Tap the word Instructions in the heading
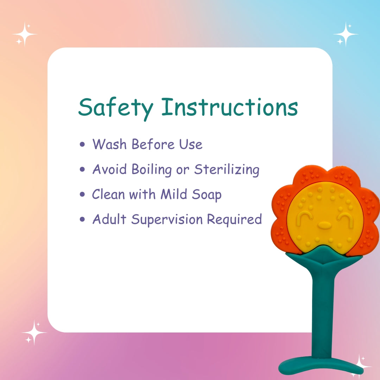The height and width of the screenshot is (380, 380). [230, 107]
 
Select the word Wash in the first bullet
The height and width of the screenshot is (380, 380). [109, 144]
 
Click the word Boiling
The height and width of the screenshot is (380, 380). [152, 169]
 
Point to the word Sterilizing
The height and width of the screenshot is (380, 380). [227, 169]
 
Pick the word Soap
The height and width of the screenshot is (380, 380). [207, 195]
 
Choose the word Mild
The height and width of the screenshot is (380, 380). [173, 194]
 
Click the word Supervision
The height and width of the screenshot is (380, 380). [167, 220]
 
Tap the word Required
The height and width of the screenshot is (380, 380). [234, 220]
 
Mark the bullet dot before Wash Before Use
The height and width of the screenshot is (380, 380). [82, 145]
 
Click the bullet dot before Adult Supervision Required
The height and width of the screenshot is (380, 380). [82, 219]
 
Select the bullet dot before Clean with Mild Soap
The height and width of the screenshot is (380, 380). [82, 194]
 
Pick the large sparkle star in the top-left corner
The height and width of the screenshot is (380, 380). [25, 34]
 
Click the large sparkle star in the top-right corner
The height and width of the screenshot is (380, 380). [346, 34]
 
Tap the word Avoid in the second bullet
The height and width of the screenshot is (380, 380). [109, 169]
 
